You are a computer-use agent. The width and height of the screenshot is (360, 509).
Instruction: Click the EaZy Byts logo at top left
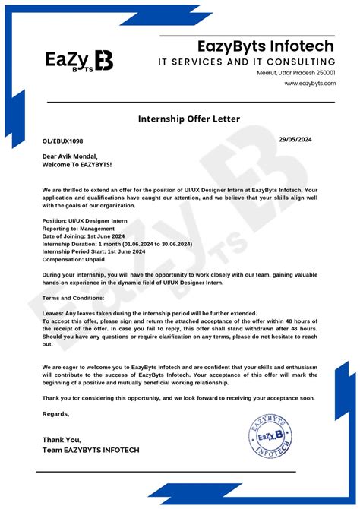pyautogui.click(x=79, y=61)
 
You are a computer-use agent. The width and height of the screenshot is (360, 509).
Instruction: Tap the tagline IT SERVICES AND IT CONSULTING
pyautogui.click(x=246, y=62)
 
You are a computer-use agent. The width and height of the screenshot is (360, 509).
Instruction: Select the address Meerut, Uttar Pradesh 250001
pyautogui.click(x=296, y=73)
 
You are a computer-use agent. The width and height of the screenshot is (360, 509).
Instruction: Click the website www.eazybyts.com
pyautogui.click(x=310, y=84)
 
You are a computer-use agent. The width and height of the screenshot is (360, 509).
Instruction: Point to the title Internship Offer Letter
pyautogui.click(x=188, y=119)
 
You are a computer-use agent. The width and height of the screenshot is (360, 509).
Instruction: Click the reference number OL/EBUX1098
pyautogui.click(x=63, y=142)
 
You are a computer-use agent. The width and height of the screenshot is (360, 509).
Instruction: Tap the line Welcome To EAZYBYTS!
pyautogui.click(x=77, y=164)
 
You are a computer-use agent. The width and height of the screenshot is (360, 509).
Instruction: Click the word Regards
pyautogui.click(x=55, y=414)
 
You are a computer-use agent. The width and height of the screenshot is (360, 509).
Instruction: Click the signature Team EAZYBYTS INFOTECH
pyautogui.click(x=90, y=451)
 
